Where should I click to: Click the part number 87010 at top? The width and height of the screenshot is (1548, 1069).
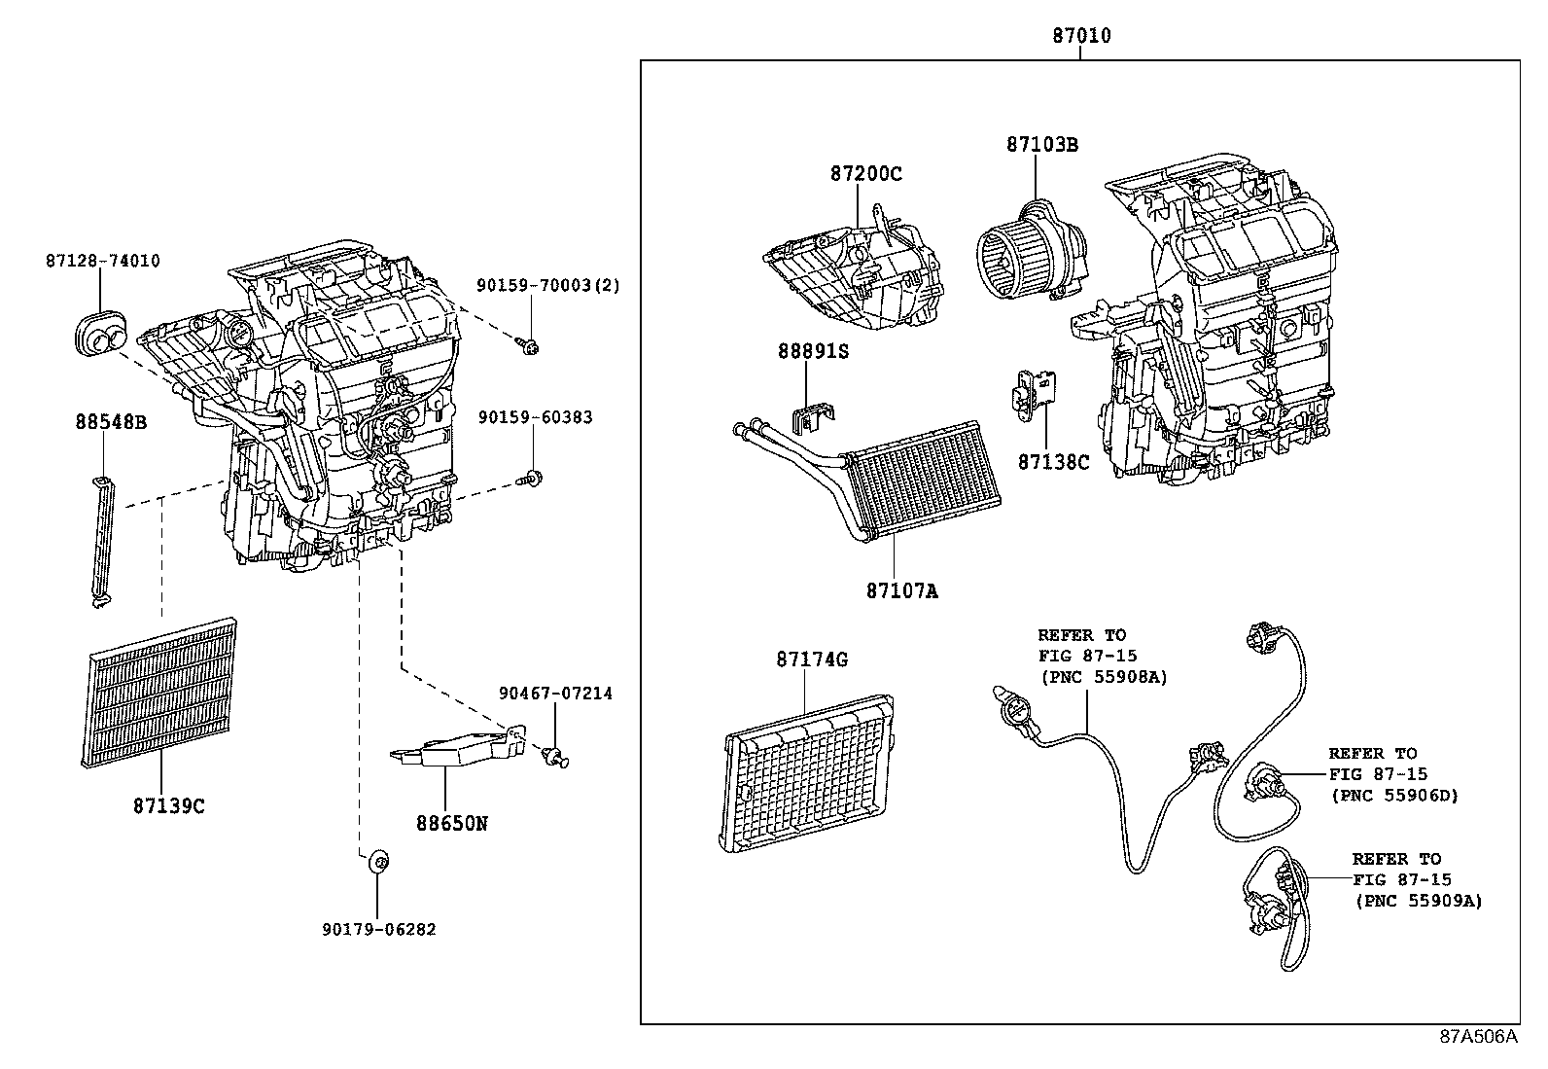(1080, 36)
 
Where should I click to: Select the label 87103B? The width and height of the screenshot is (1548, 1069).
(1041, 145)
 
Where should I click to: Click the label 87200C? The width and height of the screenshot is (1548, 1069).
(865, 174)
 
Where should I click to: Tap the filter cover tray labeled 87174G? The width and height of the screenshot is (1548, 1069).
(810, 774)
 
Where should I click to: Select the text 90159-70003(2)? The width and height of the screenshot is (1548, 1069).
(548, 285)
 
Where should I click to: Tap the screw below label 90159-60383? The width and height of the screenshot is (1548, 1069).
(533, 477)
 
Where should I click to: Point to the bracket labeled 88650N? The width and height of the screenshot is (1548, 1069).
(455, 748)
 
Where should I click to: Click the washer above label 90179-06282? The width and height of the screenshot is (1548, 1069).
(380, 861)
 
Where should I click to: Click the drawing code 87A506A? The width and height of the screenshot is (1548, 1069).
(1478, 1037)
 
